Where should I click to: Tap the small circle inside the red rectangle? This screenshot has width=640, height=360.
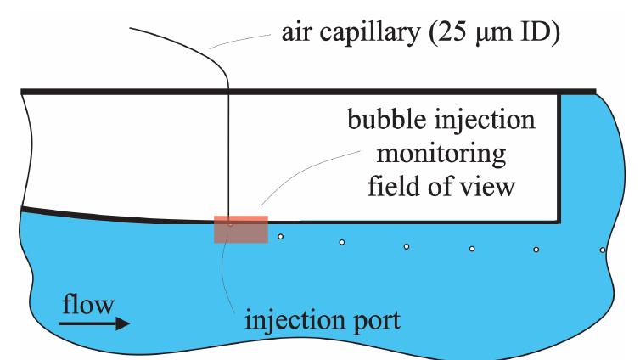(230, 225)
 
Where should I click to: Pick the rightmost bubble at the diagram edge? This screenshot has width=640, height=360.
(602, 250)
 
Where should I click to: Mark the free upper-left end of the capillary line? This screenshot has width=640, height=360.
(132, 28)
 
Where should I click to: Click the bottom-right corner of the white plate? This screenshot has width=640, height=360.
(559, 221)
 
